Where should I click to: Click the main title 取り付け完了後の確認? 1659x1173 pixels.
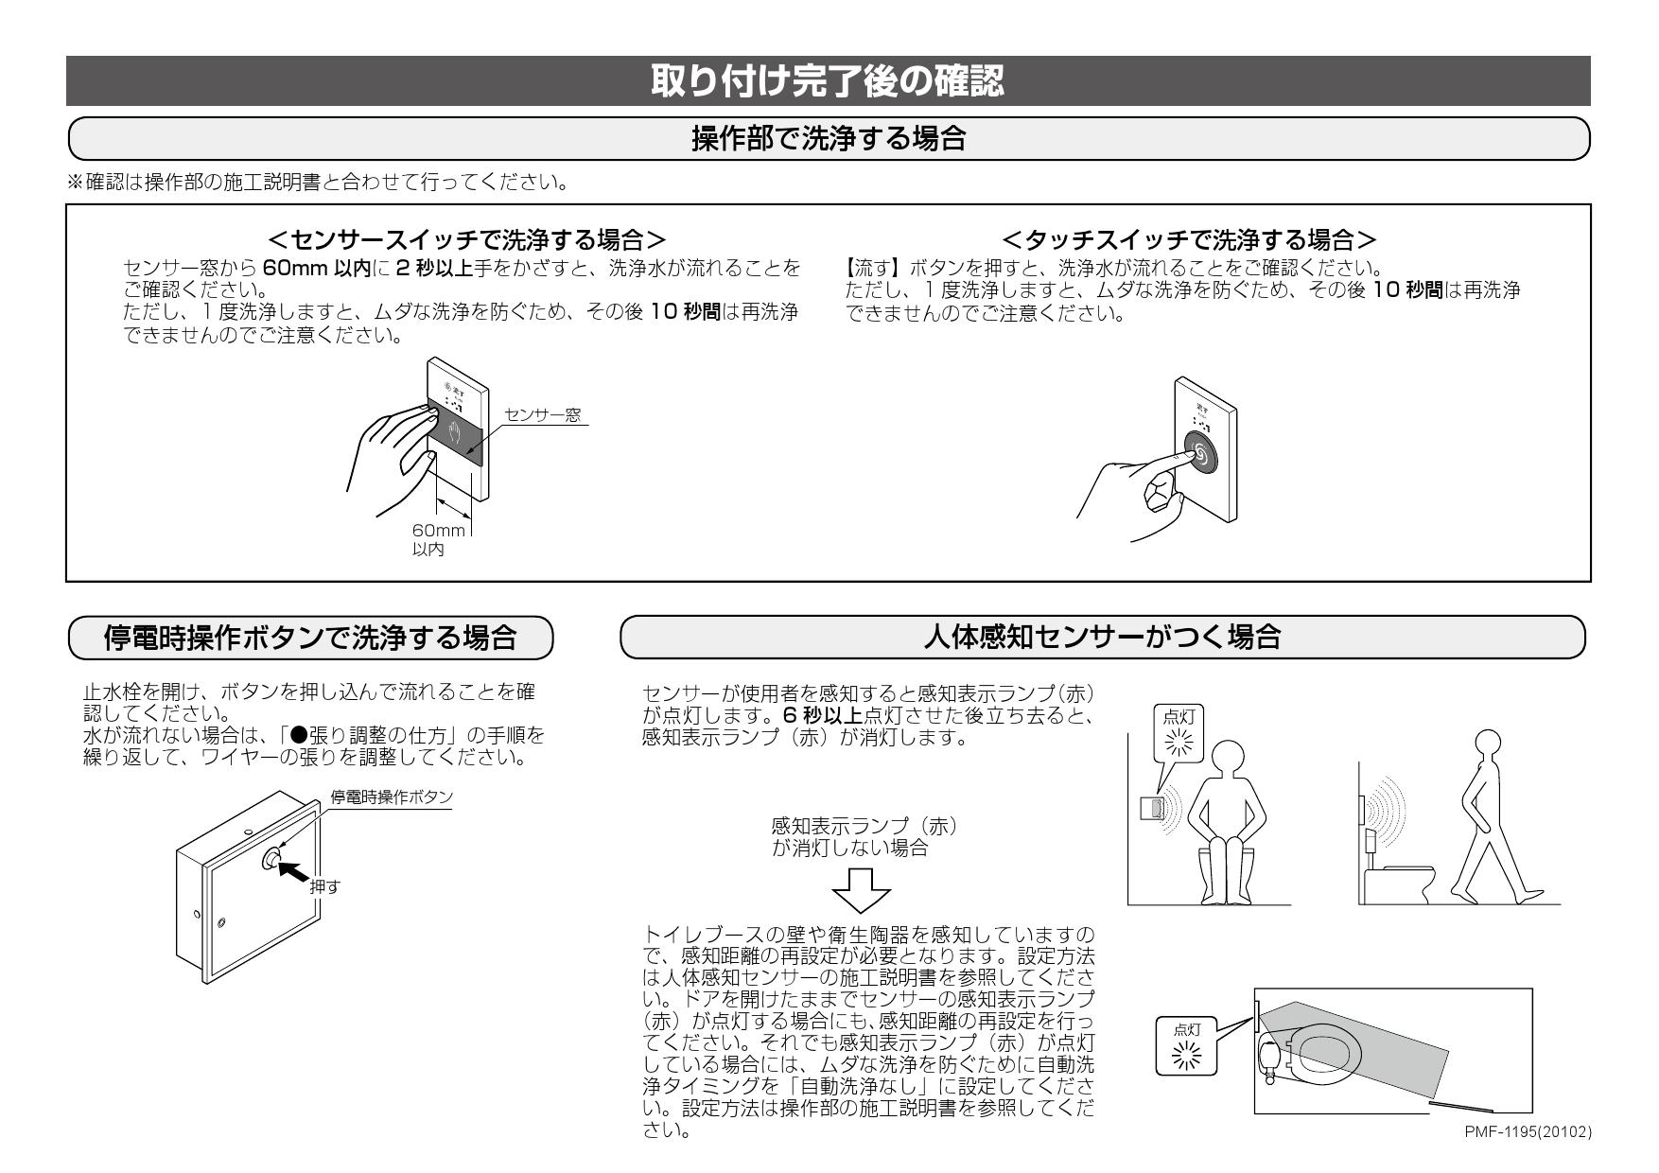point(828,81)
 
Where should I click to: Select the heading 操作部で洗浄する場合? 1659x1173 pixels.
point(828,140)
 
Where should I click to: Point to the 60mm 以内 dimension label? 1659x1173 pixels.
point(431,540)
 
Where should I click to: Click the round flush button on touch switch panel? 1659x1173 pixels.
point(1200,454)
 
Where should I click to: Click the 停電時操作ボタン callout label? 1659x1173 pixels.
point(392,797)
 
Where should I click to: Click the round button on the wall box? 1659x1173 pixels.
point(271,859)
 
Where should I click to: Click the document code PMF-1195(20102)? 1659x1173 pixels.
point(1527,1131)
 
